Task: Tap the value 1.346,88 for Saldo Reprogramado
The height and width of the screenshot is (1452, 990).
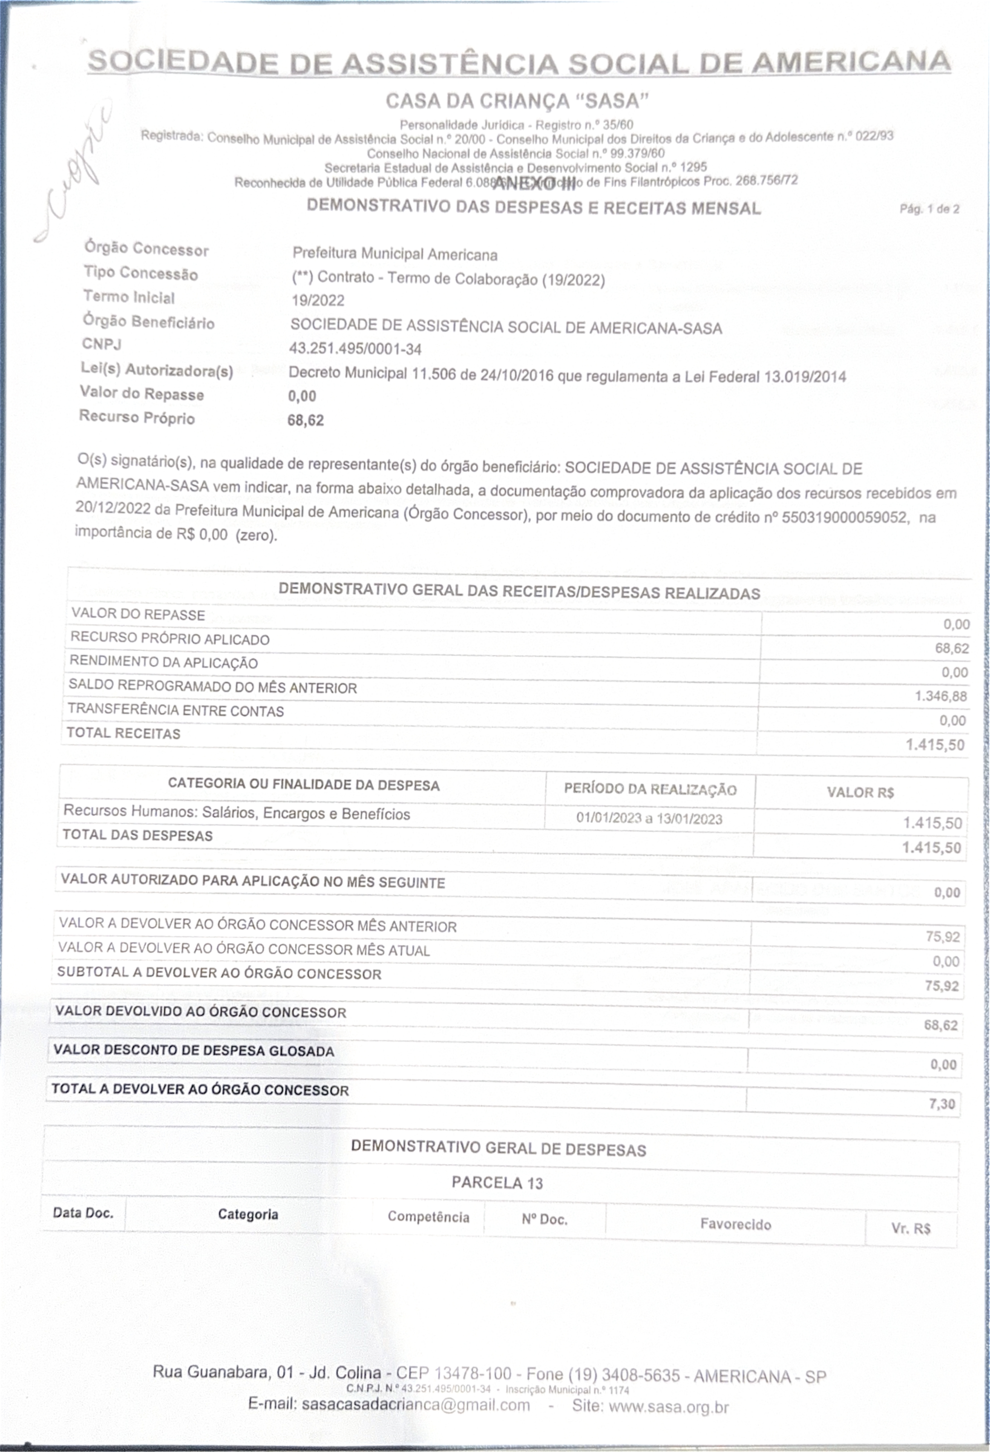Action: [x=941, y=696]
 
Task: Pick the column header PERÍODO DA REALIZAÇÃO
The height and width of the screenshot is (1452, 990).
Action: [x=650, y=789]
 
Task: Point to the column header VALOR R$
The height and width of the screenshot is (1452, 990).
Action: [x=860, y=792]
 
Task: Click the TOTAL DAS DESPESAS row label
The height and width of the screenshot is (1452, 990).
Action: [x=137, y=835]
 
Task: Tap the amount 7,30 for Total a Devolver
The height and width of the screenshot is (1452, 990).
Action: [x=942, y=1104]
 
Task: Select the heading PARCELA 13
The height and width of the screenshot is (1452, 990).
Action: [x=497, y=1183]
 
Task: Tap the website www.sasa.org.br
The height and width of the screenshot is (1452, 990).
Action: [x=668, y=1407]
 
